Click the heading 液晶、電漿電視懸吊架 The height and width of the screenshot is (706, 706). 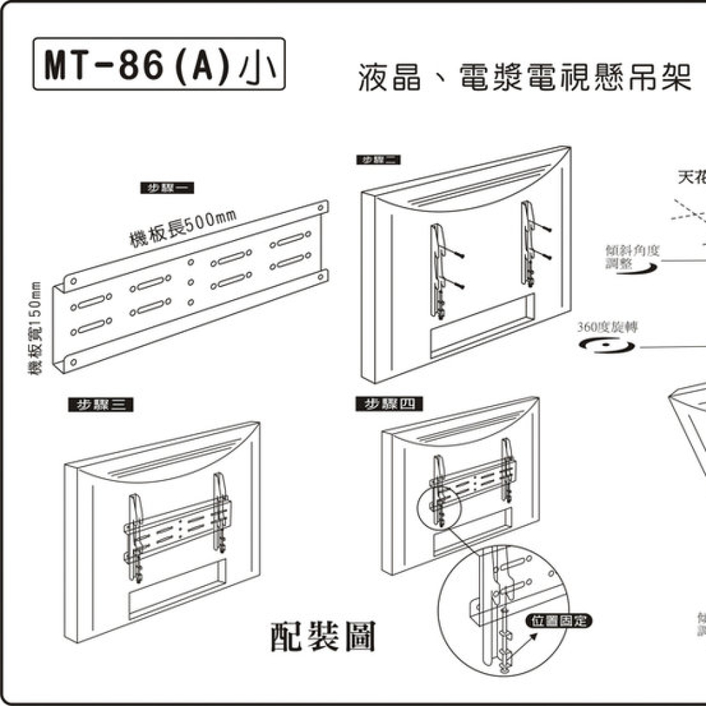click(525, 78)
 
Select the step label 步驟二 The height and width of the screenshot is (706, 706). click(378, 160)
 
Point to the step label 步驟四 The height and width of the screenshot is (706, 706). click(390, 404)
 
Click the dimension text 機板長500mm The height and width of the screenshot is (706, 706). click(183, 227)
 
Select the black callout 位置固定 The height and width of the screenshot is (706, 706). click(560, 621)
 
